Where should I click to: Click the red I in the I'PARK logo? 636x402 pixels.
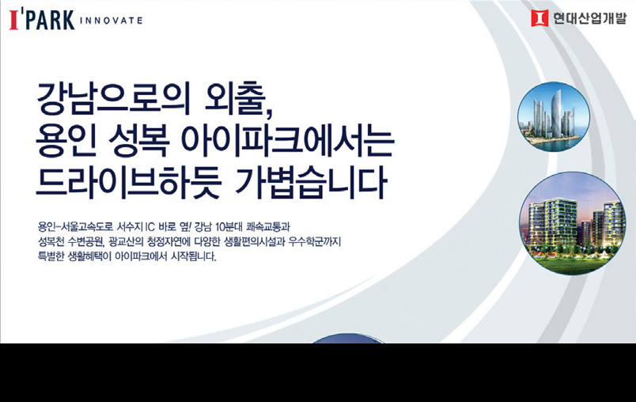click(x=14, y=21)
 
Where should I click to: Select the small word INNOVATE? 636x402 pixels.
click(x=111, y=21)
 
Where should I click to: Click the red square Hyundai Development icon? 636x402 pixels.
click(x=539, y=18)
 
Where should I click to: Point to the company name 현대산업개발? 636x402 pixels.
click(x=590, y=18)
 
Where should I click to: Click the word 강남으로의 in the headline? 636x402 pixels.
click(x=113, y=99)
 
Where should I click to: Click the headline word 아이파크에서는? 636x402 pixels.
click(x=287, y=141)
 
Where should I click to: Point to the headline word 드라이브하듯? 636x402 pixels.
click(x=129, y=183)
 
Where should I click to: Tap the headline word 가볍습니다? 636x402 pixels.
click(x=310, y=183)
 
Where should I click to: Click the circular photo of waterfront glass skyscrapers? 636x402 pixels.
click(x=554, y=117)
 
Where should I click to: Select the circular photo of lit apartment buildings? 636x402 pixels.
click(x=572, y=223)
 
